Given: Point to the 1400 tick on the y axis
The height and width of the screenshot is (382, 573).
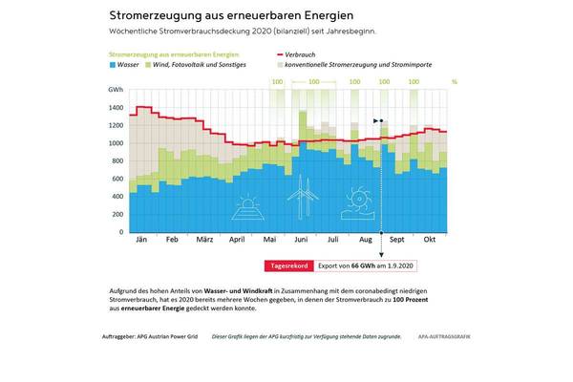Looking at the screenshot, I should tap(117, 108).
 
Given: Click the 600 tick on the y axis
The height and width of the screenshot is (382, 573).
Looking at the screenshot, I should tap(118, 179).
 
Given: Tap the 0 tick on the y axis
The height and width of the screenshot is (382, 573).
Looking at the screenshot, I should tap(122, 232).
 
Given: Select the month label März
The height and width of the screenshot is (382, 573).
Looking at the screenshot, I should tap(203, 242).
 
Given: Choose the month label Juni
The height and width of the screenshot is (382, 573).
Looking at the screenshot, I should tap(302, 242).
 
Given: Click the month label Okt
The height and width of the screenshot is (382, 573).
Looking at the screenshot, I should tap(430, 242).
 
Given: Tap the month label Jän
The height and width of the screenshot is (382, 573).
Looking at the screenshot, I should tap(140, 242).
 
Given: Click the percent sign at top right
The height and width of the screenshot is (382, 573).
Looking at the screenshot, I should tap(455, 83).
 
